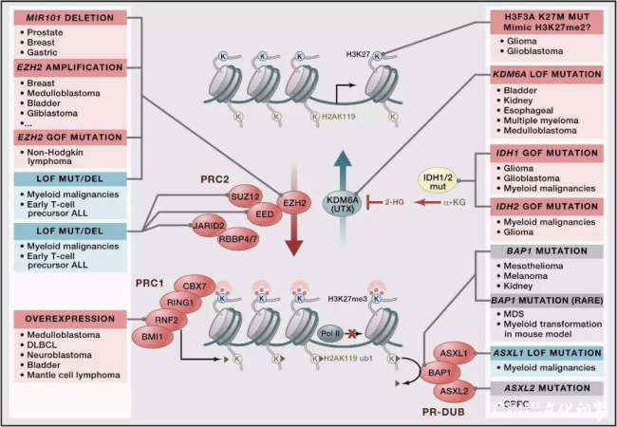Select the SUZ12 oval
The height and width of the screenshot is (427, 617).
244,195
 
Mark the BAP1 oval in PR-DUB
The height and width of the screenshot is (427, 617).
439,374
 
